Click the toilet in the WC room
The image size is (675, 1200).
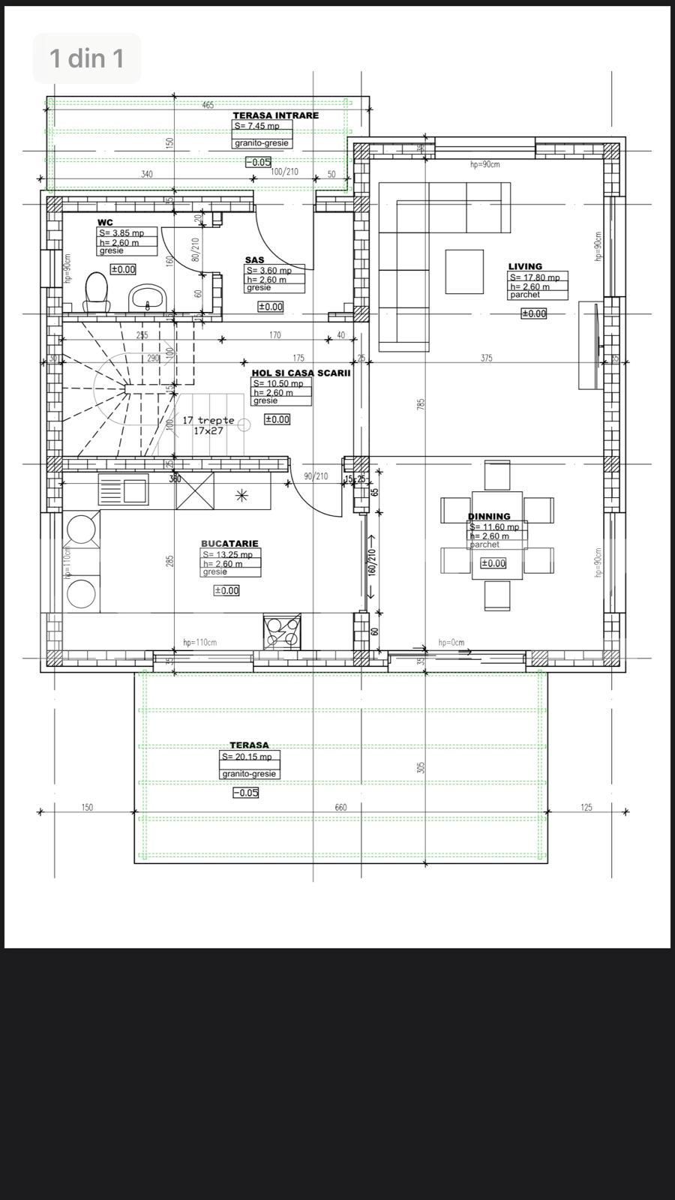click(x=96, y=291)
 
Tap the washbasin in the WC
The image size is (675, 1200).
click(x=148, y=297)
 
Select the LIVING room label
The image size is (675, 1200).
click(x=525, y=266)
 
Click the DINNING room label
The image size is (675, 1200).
click(x=489, y=516)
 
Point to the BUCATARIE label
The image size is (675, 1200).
click(x=229, y=544)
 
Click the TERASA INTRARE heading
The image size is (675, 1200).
click(x=275, y=115)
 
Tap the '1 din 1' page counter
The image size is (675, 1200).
click(x=87, y=58)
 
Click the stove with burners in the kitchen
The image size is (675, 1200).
click(x=282, y=631)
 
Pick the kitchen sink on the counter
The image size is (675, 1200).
click(x=136, y=490)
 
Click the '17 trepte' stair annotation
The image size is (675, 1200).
click(x=208, y=420)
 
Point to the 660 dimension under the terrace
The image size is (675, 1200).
click(x=340, y=808)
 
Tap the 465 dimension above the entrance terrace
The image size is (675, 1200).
click(x=208, y=105)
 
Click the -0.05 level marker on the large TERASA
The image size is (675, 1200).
click(x=246, y=793)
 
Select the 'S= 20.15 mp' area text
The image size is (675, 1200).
click(x=247, y=757)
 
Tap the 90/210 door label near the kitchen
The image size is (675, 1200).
click(x=316, y=476)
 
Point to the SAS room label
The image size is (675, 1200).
click(x=254, y=260)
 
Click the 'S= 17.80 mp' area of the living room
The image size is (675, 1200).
click(x=535, y=277)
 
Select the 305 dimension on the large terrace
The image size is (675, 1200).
click(x=421, y=767)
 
